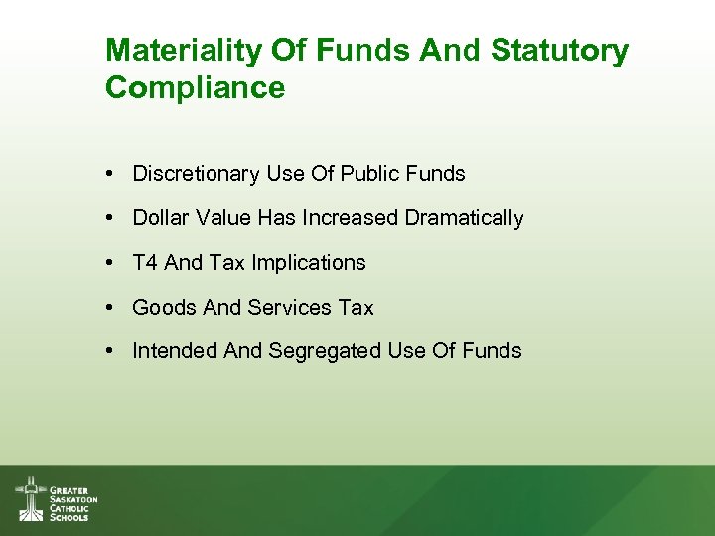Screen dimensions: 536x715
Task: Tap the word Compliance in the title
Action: [195, 88]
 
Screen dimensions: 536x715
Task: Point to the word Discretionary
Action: [196, 174]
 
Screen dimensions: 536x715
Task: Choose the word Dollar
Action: [160, 218]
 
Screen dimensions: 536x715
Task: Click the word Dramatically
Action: [464, 218]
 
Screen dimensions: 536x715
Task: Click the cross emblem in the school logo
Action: [30, 498]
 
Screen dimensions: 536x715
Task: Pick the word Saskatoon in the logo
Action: [73, 499]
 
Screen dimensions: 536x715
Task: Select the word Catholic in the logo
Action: [70, 508]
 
